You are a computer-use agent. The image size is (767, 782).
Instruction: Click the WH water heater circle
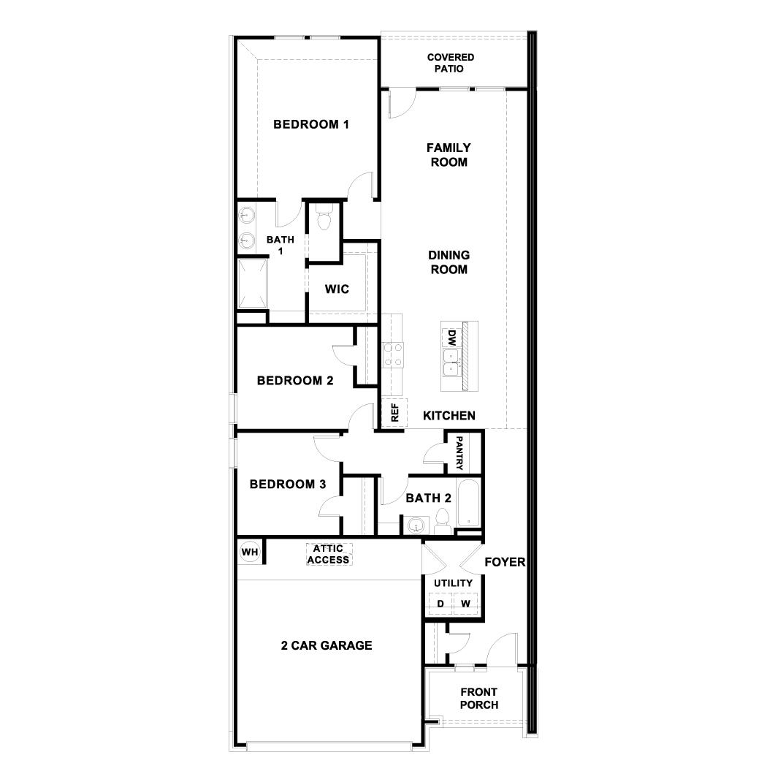click(250, 552)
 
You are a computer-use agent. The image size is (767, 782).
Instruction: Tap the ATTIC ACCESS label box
click(329, 554)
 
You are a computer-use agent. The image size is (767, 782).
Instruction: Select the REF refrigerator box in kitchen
click(394, 414)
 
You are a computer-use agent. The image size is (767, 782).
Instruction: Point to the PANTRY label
click(459, 453)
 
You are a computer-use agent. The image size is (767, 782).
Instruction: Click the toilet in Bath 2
click(442, 521)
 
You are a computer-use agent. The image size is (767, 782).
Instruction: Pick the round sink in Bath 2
click(417, 525)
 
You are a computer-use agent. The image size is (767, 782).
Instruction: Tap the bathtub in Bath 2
click(468, 504)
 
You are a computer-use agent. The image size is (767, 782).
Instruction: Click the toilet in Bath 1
click(324, 218)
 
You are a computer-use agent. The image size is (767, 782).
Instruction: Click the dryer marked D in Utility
click(440, 604)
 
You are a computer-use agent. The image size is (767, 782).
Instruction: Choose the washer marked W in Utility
click(465, 604)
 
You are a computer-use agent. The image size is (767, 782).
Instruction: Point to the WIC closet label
click(337, 289)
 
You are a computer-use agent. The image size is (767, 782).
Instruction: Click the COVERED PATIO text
click(450, 63)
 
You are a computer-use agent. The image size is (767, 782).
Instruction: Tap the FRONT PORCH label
click(479, 699)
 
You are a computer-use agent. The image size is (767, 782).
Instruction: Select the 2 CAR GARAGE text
click(327, 645)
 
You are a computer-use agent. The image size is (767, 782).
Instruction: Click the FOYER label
click(504, 562)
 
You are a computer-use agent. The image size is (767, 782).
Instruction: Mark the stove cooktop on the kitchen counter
click(392, 354)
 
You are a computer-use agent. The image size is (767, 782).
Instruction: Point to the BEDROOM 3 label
click(287, 484)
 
